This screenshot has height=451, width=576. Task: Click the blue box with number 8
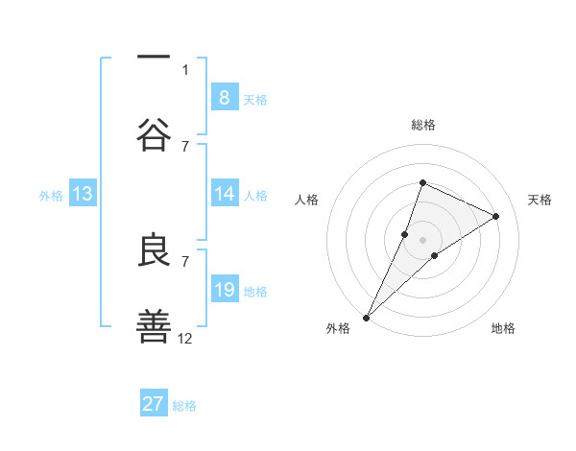click(x=224, y=97)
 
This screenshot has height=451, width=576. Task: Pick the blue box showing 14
click(x=224, y=194)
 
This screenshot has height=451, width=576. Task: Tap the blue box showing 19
click(x=224, y=290)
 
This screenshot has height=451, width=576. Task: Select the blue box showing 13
click(x=83, y=194)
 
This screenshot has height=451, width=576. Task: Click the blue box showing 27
click(x=154, y=404)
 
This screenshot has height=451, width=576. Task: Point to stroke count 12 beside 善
click(x=185, y=338)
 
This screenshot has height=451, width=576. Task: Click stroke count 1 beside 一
click(x=185, y=69)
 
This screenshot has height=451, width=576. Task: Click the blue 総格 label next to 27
click(x=184, y=406)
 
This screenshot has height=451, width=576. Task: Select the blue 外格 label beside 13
click(x=51, y=196)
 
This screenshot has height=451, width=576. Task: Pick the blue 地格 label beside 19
click(x=255, y=292)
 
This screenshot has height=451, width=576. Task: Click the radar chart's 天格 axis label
click(x=540, y=200)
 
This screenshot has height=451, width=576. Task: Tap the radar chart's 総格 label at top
click(x=422, y=125)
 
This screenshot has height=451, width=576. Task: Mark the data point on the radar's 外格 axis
click(x=366, y=317)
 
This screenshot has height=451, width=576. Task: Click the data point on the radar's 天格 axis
click(x=496, y=216)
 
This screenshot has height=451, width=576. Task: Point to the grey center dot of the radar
click(x=422, y=240)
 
